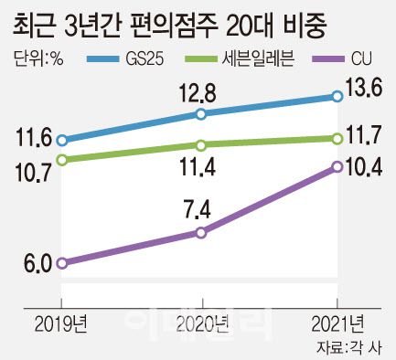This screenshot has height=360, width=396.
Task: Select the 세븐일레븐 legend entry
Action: pyautogui.click(x=248, y=60)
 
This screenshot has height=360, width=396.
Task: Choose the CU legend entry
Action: pyautogui.click(x=348, y=60)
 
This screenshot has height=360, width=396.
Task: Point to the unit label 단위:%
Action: pyautogui.click(x=39, y=60)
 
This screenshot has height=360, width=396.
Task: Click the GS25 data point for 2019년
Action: pyautogui.click(x=62, y=141)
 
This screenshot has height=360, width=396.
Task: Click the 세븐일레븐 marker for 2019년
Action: pyautogui.click(x=62, y=160)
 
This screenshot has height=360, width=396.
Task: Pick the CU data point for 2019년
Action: pyautogui.click(x=62, y=263)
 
